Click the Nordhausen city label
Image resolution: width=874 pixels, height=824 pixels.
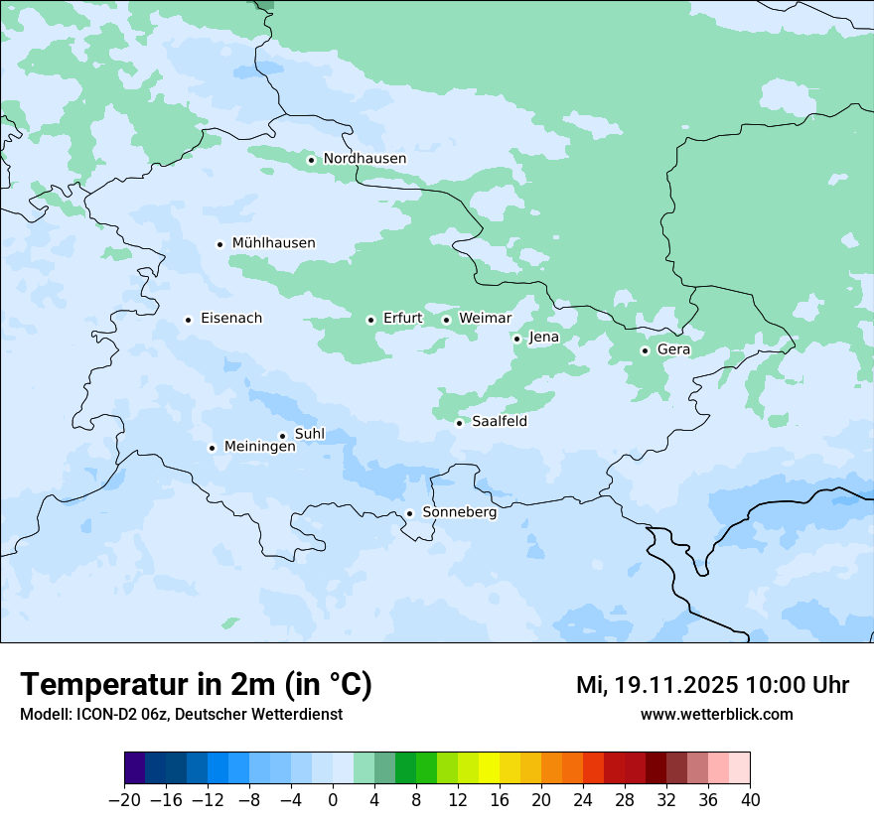point(364,159)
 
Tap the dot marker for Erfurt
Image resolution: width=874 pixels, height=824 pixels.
point(370,320)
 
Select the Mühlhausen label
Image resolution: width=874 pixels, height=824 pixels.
point(273,243)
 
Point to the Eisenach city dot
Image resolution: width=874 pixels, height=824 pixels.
point(188,320)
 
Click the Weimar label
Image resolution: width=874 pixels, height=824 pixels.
point(485,319)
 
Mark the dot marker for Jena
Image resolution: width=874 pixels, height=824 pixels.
point(516,339)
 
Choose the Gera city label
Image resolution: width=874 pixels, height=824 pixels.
point(673,349)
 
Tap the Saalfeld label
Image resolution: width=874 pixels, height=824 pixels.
point(499,422)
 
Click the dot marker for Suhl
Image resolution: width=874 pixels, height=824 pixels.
point(282,436)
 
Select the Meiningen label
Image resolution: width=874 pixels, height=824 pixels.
point(259,448)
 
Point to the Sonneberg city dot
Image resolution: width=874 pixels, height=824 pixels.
point(409,514)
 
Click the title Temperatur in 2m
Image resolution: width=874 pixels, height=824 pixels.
point(196,685)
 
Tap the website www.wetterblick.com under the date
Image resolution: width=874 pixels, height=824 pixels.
point(716,715)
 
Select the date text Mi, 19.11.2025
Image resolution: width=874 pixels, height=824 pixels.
point(655,685)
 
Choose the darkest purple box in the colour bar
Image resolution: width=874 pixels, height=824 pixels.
point(135,768)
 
